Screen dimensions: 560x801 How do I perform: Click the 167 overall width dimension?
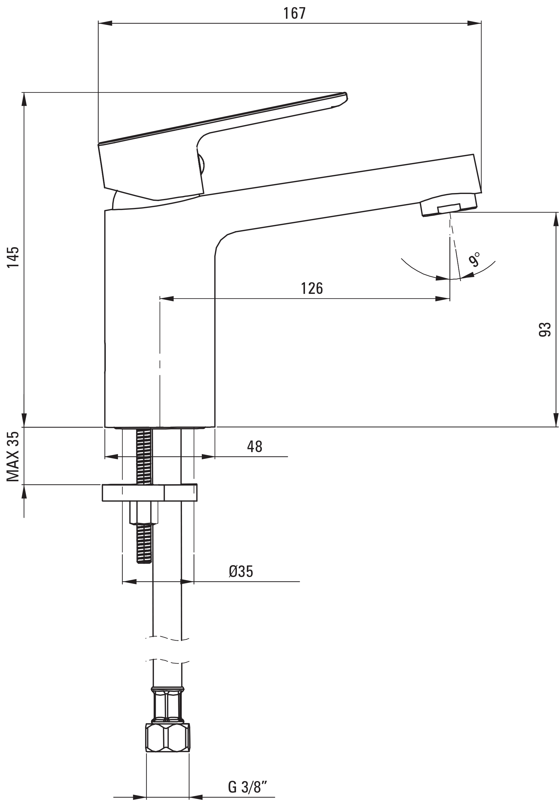pyautogui.click(x=294, y=14)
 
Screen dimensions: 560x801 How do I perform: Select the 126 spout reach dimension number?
pyautogui.click(x=312, y=289)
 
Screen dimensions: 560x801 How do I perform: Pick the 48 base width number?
pyautogui.click(x=254, y=446)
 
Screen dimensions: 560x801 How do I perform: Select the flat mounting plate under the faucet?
pyautogui.click(x=150, y=493)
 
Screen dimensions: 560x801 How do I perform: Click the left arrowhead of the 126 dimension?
pyautogui.click(x=166, y=298)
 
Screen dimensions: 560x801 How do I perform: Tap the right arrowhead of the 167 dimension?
pyautogui.click(x=474, y=23)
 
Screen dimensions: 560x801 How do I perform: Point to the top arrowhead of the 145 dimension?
pyautogui.click(x=24, y=99)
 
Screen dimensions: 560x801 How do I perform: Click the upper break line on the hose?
pyautogui.click(x=167, y=638)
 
